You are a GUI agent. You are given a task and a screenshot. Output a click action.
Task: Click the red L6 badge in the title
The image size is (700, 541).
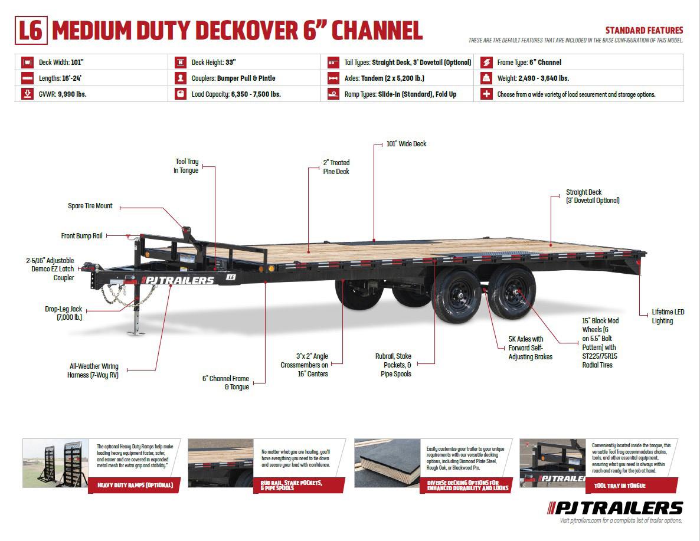point(30,31)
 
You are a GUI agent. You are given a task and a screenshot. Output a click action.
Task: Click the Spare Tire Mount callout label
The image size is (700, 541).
point(90,206)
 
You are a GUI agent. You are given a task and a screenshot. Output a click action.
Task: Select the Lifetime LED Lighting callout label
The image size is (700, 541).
point(668,316)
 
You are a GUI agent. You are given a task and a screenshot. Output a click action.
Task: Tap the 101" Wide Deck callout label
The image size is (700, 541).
point(406,144)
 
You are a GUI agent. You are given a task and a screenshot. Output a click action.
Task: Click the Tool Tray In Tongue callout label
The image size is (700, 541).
point(187,166)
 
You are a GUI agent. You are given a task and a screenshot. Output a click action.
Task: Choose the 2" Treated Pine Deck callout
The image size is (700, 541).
point(336,167)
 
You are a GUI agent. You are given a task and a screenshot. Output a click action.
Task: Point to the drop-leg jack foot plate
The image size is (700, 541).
point(136,332)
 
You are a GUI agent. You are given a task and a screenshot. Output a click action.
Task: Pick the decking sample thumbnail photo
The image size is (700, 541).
point(387,463)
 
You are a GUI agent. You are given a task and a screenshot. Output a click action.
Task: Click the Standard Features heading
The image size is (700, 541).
point(644,31)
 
